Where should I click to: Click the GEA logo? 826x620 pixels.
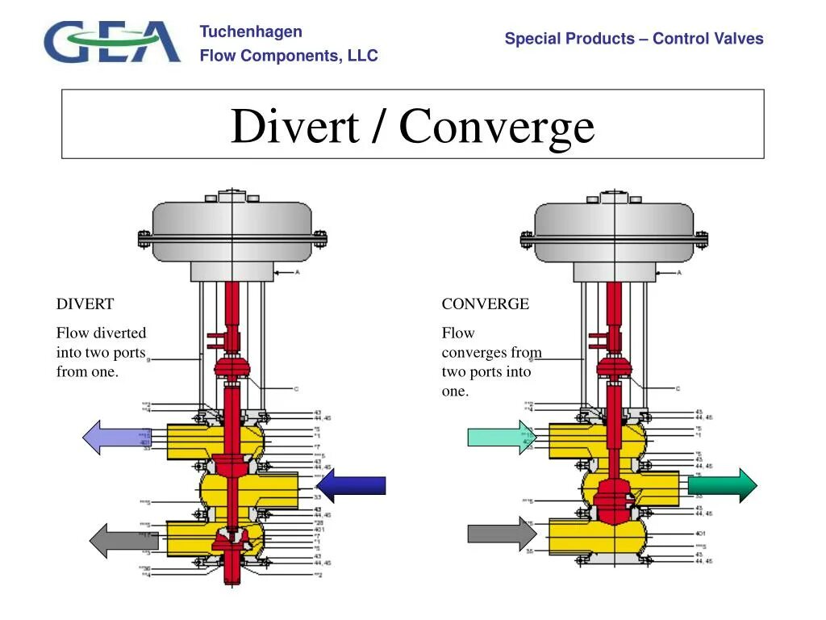click(112, 42)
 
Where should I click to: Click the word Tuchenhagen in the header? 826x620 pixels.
click(251, 31)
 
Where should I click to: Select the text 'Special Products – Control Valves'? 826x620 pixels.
click(634, 39)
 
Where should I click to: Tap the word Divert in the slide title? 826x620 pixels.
click(294, 126)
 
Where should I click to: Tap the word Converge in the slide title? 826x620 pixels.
click(497, 127)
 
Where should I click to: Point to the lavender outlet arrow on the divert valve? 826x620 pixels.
click(116, 438)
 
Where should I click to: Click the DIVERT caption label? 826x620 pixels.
click(85, 304)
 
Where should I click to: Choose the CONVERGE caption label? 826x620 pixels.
click(485, 304)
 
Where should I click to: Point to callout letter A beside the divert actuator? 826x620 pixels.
click(297, 273)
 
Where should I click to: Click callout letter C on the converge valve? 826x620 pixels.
click(678, 388)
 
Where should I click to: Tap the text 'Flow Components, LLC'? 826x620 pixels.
click(289, 56)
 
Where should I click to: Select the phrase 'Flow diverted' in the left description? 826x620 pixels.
click(101, 333)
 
